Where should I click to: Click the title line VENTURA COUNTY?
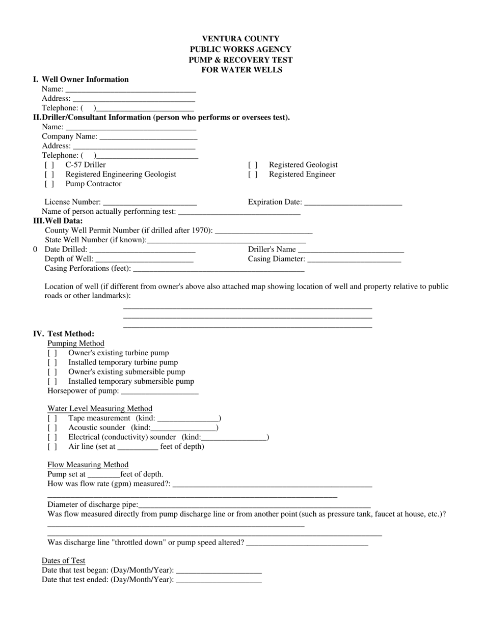point(240,39)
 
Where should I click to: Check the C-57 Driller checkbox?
point(49,165)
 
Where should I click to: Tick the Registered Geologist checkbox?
point(253,165)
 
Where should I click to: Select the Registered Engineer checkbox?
point(253,175)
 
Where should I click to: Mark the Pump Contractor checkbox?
point(49,184)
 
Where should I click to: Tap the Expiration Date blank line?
point(353,203)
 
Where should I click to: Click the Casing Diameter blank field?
point(354,260)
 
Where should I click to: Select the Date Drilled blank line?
point(142,250)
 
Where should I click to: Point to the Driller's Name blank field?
point(351,250)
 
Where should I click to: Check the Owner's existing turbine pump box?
point(52,353)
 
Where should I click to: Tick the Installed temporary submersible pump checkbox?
point(52,382)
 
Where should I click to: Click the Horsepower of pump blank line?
point(160,391)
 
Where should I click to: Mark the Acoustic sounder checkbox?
point(52,428)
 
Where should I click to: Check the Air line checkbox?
point(52,447)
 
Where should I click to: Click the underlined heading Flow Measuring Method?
point(88,465)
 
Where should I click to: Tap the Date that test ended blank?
point(219,580)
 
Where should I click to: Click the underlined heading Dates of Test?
point(63,561)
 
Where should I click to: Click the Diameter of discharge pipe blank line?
point(254,505)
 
